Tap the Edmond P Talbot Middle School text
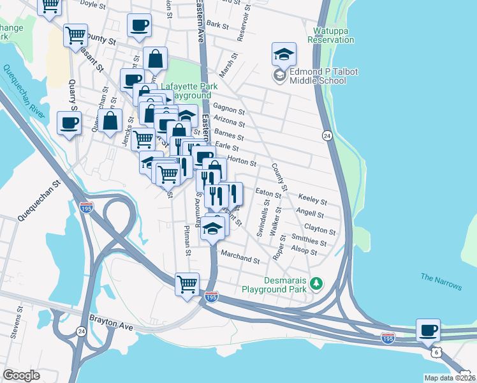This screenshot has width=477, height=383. coord(318,76)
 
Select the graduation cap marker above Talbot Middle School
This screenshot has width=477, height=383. coord(284,54)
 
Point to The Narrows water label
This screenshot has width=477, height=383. coord(441,281)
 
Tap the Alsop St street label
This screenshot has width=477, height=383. coord(303,252)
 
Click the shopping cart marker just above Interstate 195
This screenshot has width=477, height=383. coord(187,284)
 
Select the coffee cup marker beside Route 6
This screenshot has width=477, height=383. coord(429,331)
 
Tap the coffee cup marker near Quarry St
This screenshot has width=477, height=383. coord(69,123)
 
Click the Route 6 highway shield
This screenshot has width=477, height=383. coord(436,352)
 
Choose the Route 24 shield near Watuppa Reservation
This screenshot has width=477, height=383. coord(327,136)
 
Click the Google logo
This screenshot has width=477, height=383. coord(21,375)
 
